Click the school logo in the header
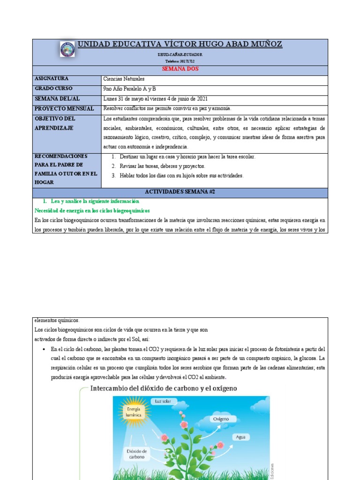click(67, 49)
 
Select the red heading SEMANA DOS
click(180, 69)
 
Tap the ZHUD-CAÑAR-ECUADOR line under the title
click(180, 55)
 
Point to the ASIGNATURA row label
click(51, 79)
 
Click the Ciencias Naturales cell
click(124, 79)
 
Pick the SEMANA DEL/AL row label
click(57, 98)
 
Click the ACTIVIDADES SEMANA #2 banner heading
click(180, 192)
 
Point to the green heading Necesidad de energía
click(92, 210)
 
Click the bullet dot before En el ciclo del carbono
click(44, 349)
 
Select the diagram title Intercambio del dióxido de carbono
click(163, 389)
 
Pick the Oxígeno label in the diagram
click(221, 419)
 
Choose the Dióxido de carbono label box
click(137, 453)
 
